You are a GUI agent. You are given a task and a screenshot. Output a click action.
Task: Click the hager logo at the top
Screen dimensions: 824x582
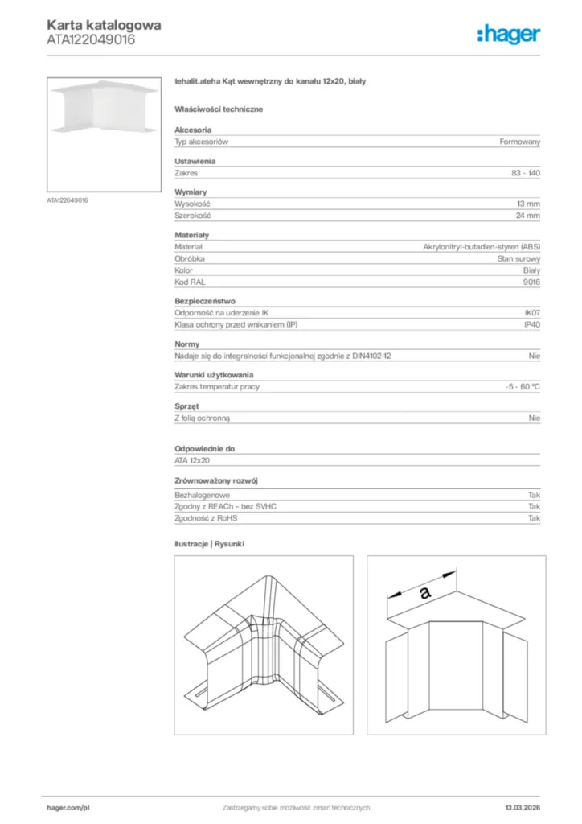click(509, 33)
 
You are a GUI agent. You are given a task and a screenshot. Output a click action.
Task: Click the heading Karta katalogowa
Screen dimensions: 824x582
click(104, 25)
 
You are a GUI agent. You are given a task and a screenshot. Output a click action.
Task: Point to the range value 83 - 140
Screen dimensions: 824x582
click(526, 173)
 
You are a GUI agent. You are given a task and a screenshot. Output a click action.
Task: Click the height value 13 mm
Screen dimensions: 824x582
click(528, 204)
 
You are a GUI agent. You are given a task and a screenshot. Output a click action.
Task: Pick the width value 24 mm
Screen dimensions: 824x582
click(528, 216)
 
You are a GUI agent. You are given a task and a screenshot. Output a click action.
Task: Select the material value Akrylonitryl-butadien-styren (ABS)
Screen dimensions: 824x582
click(482, 247)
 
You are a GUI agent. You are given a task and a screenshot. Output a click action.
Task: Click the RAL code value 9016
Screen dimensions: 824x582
click(532, 282)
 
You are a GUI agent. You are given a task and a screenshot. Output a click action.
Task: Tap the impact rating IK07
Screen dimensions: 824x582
click(532, 314)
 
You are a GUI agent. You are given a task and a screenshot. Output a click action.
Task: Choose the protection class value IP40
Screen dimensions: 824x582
click(532, 325)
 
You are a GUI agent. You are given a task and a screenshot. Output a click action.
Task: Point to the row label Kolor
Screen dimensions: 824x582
click(183, 270)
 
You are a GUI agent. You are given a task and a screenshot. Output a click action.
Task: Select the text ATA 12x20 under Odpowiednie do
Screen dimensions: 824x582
click(193, 460)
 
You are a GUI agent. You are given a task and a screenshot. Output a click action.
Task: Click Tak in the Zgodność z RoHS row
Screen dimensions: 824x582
click(534, 518)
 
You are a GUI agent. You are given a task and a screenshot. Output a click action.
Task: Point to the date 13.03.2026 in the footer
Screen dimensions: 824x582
click(523, 807)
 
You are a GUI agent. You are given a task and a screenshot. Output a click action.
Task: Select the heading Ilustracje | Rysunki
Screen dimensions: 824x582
click(209, 544)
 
